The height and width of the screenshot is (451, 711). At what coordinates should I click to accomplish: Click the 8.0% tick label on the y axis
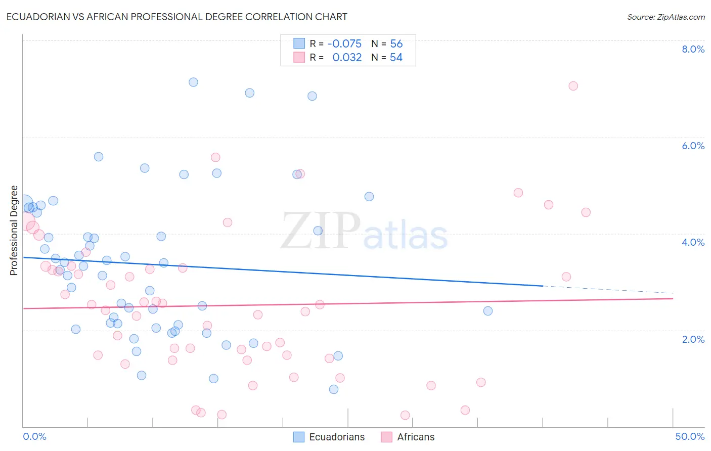[693, 49]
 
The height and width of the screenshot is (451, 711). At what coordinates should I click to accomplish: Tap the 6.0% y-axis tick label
[693, 146]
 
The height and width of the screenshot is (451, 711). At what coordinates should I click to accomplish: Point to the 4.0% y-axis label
[693, 242]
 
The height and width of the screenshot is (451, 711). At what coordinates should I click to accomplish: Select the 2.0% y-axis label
[693, 339]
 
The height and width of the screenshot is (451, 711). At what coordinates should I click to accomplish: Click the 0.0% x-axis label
[34, 436]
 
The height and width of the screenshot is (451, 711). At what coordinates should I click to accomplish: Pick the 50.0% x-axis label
[690, 436]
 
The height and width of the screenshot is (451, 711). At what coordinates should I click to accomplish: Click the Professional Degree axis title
[14, 231]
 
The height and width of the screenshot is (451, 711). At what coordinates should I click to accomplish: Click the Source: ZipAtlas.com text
[665, 17]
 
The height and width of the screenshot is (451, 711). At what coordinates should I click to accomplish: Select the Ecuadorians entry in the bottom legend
[337, 437]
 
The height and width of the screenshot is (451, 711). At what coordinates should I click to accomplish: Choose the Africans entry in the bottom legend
[416, 437]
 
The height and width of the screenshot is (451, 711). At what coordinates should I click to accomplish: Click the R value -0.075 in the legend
[344, 43]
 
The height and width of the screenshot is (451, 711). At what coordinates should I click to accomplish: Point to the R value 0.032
[347, 58]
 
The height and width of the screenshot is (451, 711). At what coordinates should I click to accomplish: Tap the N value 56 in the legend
[396, 43]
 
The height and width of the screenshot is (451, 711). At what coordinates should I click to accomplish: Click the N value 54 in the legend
[396, 58]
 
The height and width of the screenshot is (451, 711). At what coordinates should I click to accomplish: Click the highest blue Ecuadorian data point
[193, 82]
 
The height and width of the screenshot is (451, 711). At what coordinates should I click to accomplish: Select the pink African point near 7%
[573, 86]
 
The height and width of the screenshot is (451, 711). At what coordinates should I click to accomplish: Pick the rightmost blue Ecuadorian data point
[488, 311]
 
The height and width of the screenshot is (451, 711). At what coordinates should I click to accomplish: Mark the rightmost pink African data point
[586, 212]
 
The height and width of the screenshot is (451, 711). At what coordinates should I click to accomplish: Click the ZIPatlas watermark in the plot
[365, 232]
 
